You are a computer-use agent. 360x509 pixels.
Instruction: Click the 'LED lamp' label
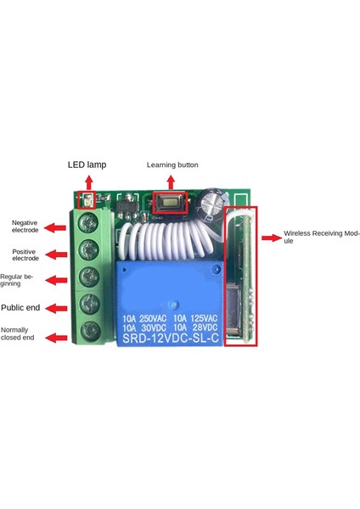coord(87,165)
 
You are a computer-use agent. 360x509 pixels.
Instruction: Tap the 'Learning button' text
coord(172,165)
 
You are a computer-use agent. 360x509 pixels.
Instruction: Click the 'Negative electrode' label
coord(25,227)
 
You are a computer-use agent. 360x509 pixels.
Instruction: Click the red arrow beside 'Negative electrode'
coord(55,227)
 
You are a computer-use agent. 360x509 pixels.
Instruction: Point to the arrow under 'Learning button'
coord(173,182)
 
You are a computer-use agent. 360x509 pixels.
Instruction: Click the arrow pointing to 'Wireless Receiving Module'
coord(272,238)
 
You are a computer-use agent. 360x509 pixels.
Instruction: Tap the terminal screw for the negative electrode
coord(86,225)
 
